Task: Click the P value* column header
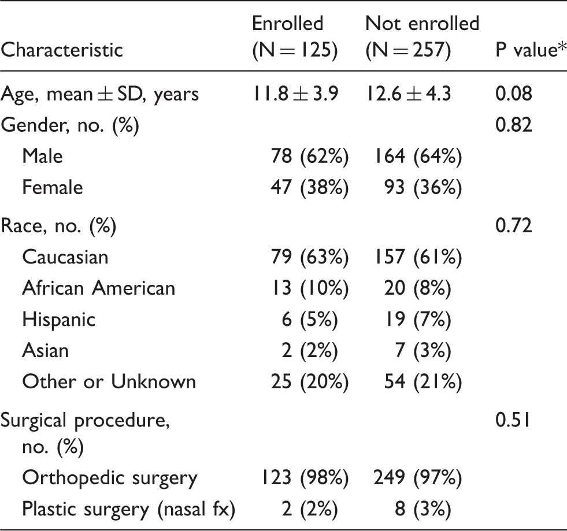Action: point(531,50)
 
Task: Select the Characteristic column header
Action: point(62,50)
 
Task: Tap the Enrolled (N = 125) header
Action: point(295,36)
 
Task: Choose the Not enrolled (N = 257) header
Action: point(423,36)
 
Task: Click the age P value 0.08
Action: point(513,94)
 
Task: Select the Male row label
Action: point(42,156)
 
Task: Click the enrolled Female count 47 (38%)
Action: point(310,187)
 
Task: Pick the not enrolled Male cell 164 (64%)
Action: point(418,156)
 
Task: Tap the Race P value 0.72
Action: point(513,225)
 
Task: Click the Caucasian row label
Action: point(65,257)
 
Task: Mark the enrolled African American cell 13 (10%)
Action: point(310,288)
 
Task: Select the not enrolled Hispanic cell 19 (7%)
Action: point(418,319)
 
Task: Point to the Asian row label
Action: point(46,350)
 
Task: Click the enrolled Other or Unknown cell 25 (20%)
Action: point(310,382)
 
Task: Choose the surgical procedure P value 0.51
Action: point(513,420)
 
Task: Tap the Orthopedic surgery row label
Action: point(110,478)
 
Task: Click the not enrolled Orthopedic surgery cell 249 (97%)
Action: point(418,478)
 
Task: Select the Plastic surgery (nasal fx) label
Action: point(129,509)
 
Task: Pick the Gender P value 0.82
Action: point(513,125)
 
